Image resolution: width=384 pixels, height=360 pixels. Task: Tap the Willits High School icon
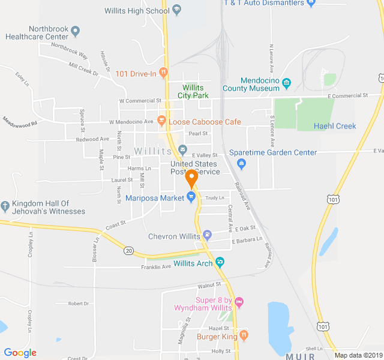[x=176, y=10]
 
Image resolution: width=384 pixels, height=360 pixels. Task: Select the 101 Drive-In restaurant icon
[x=163, y=74]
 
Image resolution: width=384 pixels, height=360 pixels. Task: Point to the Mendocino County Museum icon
[x=287, y=83]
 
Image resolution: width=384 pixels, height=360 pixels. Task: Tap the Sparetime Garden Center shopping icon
[x=242, y=162]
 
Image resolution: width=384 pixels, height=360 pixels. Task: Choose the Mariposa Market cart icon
[x=191, y=197]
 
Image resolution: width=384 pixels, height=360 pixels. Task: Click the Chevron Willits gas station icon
[x=208, y=235]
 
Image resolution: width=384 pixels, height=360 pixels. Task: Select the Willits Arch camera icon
[x=220, y=262]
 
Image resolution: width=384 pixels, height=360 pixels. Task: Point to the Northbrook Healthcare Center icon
[x=75, y=30]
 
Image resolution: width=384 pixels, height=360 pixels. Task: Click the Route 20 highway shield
[x=129, y=251]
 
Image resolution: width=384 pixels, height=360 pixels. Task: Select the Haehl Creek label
[x=335, y=126]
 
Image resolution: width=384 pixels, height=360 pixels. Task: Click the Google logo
[x=20, y=353]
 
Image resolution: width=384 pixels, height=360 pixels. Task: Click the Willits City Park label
[x=193, y=91]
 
